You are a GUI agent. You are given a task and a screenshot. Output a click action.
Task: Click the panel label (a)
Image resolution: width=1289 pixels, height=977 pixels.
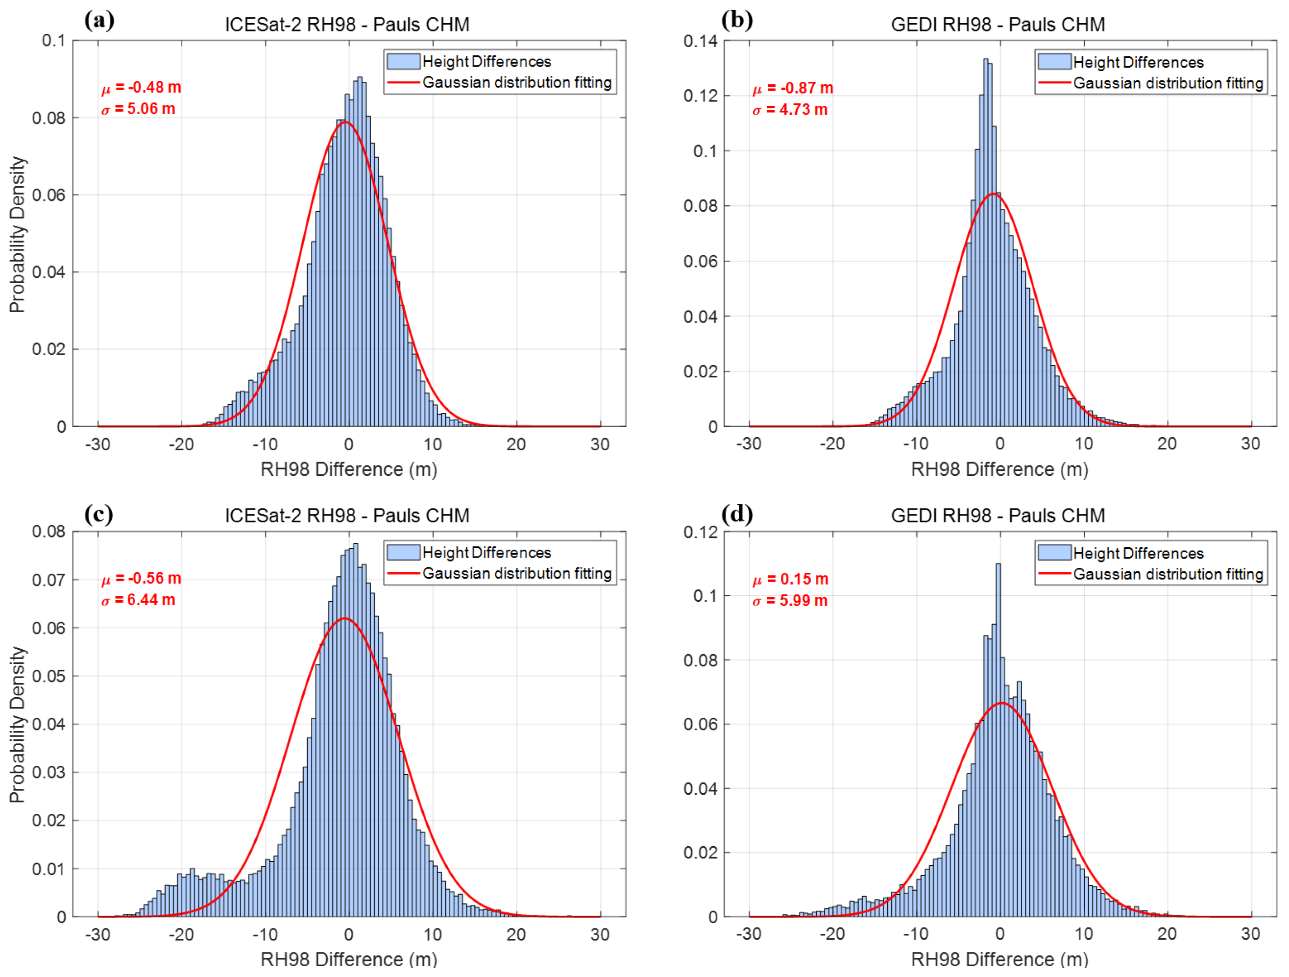pos(99,21)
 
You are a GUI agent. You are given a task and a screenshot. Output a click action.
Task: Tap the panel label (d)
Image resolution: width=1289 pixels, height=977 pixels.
pos(737,514)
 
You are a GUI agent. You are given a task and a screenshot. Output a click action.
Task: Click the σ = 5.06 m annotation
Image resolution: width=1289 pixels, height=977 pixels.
pos(138,109)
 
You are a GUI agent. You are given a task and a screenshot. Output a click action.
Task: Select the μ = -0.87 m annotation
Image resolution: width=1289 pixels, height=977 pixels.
pos(793,88)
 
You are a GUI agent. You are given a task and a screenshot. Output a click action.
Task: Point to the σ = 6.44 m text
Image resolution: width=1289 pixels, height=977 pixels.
pos(138,600)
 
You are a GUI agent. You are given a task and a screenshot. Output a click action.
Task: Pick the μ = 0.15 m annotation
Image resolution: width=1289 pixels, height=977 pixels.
pos(790,579)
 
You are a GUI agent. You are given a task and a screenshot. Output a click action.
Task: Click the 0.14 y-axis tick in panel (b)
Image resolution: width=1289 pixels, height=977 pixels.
pos(701,41)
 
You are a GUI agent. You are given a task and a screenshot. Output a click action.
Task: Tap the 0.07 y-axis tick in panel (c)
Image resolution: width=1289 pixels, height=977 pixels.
pos(49,580)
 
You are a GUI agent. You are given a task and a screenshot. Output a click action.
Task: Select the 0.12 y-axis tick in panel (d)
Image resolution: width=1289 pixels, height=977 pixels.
pos(701,532)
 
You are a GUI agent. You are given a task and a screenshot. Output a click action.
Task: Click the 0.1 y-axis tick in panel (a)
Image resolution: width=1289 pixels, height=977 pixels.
pos(53,41)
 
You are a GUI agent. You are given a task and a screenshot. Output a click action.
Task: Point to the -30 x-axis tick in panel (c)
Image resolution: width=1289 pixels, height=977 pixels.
pos(98,934)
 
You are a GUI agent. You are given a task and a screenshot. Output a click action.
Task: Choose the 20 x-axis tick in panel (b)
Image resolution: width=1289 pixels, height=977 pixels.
pos(1167,444)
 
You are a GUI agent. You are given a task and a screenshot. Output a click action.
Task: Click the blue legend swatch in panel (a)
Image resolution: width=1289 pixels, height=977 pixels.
pos(403,61)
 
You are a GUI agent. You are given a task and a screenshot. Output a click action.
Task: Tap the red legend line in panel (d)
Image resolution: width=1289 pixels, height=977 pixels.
pos(1055,574)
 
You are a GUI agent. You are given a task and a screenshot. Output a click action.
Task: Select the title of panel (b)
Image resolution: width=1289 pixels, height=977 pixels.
pos(998,24)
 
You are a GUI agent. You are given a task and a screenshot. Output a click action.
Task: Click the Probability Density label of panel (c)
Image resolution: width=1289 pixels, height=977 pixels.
pos(18,725)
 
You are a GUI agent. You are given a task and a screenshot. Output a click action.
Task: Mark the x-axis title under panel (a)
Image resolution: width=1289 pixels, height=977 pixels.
pos(348,469)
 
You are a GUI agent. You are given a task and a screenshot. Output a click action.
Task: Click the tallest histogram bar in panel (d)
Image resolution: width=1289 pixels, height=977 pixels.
pos(998,740)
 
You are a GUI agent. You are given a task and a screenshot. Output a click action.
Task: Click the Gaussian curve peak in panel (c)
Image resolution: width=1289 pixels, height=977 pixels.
pos(345,618)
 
